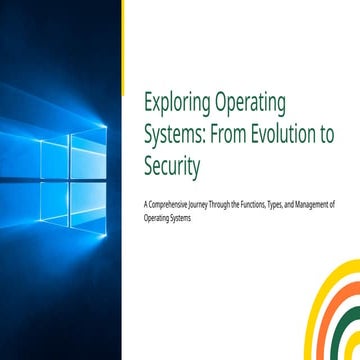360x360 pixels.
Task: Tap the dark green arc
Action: pos(347,330)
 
